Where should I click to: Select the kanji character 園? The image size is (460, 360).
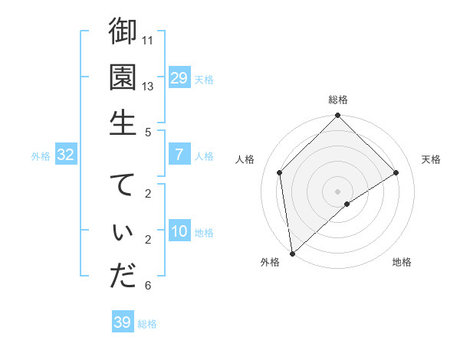(x=123, y=77)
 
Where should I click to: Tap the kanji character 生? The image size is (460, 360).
(x=123, y=123)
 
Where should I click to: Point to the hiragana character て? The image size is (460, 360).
(x=123, y=185)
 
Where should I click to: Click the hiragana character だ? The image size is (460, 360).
(x=123, y=277)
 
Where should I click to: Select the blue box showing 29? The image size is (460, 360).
(x=179, y=77)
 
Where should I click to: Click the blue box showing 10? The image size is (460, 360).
(x=179, y=232)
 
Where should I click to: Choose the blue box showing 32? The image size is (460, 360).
(x=66, y=155)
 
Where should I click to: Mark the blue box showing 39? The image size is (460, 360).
(x=123, y=322)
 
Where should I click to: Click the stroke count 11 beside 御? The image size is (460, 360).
(x=149, y=39)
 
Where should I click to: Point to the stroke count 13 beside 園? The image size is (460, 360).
(x=149, y=86)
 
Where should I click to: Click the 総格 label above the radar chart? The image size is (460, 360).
(x=338, y=100)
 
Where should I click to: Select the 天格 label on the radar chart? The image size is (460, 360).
(x=432, y=159)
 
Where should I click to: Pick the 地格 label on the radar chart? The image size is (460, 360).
(x=402, y=263)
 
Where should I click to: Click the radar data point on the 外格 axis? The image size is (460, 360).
(x=292, y=253)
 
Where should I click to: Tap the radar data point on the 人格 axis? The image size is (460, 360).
(x=280, y=172)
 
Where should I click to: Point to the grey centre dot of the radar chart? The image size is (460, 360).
(x=338, y=190)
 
